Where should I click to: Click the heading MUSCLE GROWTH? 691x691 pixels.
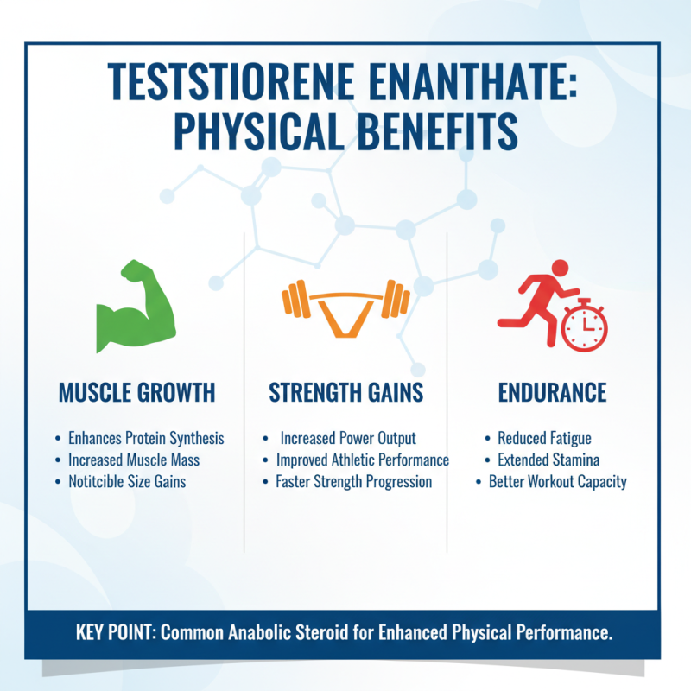(x=136, y=393)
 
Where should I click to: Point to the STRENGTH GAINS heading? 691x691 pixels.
(x=345, y=393)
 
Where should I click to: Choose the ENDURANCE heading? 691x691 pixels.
(x=552, y=393)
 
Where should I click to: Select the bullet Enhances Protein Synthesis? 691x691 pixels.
(x=145, y=439)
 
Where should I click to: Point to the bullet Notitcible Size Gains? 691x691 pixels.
(x=127, y=482)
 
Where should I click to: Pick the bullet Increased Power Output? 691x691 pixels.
(x=348, y=439)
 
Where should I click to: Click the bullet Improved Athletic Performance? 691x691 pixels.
(x=362, y=460)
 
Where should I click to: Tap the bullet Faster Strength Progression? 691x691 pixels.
(x=353, y=482)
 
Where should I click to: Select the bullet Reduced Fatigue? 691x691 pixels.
(x=544, y=439)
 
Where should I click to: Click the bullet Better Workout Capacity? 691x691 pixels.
(x=557, y=482)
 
